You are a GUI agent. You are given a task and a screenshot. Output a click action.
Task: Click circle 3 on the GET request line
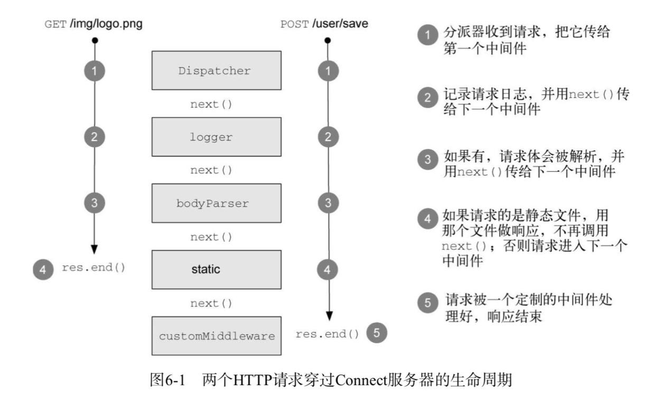pyautogui.click(x=95, y=203)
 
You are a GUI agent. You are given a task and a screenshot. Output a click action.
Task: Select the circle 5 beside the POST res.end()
pyautogui.click(x=377, y=333)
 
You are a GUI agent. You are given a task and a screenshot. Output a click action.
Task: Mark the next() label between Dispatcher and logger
pyautogui.click(x=211, y=104)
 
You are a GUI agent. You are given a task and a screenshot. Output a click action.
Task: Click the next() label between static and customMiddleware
pyautogui.click(x=211, y=303)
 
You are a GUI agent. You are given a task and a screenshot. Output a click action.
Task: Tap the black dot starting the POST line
pyautogui.click(x=328, y=40)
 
